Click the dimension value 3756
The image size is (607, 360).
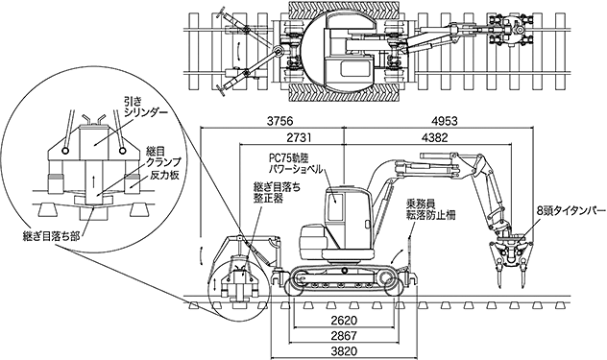tap(280, 121)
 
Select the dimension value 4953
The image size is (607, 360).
tap(444, 121)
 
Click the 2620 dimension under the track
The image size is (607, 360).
tap(344, 320)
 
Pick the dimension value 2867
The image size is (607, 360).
tap(344, 335)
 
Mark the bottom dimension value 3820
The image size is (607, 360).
tap(344, 351)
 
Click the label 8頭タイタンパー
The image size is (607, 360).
tap(571, 211)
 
